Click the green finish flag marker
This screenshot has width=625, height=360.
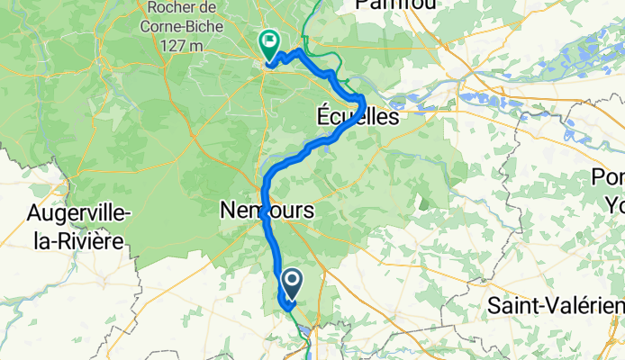268,41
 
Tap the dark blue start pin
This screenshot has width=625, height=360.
291,283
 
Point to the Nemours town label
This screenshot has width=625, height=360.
267,211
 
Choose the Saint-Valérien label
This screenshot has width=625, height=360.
554,306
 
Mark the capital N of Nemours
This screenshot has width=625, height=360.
228,211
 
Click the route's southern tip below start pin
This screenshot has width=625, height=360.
289,309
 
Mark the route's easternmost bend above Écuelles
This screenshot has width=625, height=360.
362,99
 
